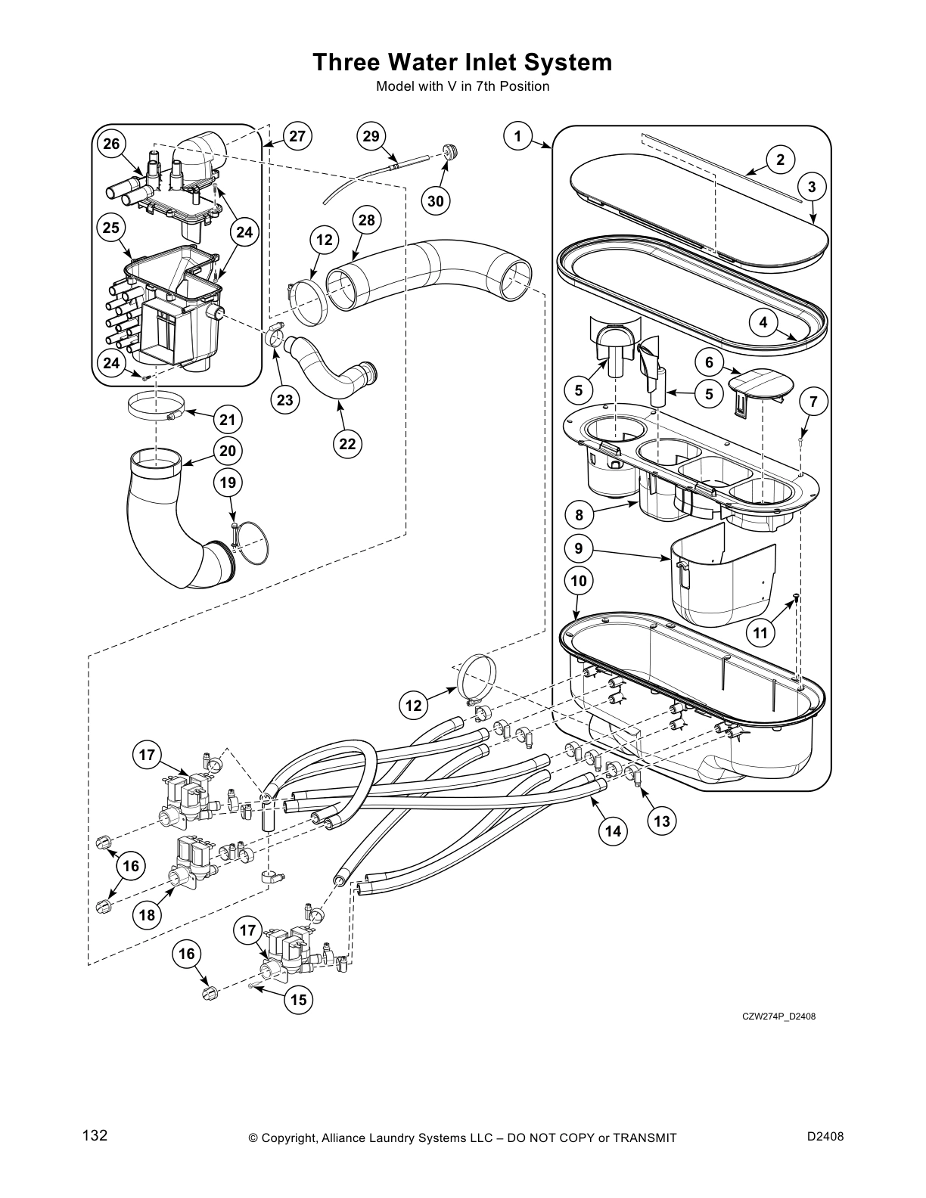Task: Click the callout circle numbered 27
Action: pos(297,136)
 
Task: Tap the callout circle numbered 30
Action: pos(435,200)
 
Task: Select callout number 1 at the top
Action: pos(517,136)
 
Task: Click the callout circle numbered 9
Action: pos(578,548)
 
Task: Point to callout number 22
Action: pos(347,444)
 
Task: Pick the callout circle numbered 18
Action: pos(147,915)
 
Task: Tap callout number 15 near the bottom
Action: pos(299,1000)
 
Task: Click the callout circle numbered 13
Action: pos(662,821)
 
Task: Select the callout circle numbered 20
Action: pos(228,451)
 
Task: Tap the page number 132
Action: pos(95,1136)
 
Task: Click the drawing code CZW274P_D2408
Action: pos(778,1016)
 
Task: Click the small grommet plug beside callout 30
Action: pos(452,152)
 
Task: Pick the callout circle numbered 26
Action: pos(111,144)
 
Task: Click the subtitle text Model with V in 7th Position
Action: pos(462,86)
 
